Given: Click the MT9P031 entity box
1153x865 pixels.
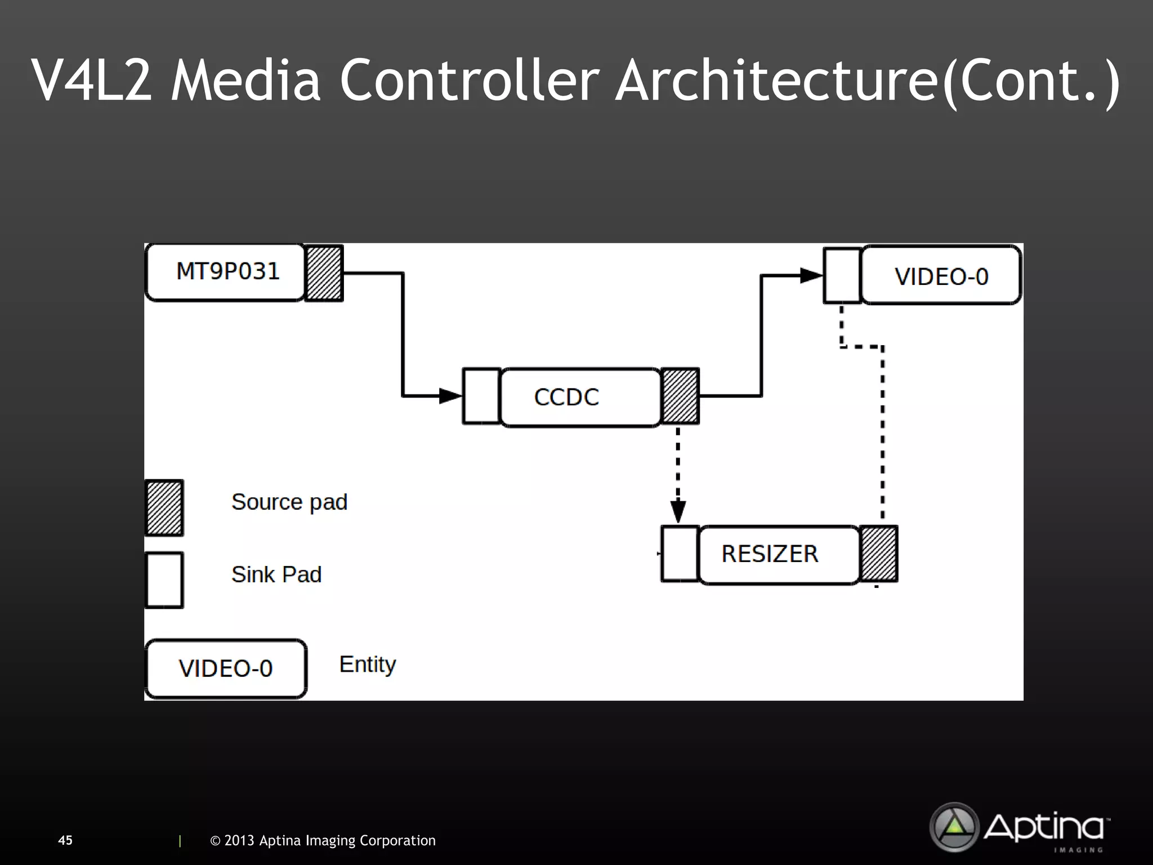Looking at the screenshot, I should pyautogui.click(x=225, y=272).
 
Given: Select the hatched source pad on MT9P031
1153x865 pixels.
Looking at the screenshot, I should pyautogui.click(x=324, y=273).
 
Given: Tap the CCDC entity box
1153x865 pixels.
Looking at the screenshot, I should pyautogui.click(x=580, y=397).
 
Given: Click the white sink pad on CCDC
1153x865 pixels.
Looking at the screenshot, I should pyautogui.click(x=481, y=396).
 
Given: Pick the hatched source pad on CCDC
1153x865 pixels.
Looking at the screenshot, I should pyautogui.click(x=680, y=396).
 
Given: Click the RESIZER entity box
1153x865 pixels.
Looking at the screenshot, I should pyautogui.click(x=779, y=555).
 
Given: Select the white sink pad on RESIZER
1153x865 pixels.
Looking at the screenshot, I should pyautogui.click(x=680, y=554).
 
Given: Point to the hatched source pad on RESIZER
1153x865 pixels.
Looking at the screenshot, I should pyautogui.click(x=879, y=554).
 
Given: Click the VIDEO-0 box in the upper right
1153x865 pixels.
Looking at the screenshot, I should pyautogui.click(x=941, y=275).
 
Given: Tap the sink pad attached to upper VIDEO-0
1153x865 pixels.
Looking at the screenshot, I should pyautogui.click(x=842, y=275).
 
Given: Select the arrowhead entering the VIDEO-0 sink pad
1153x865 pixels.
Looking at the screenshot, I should pyautogui.click(x=811, y=275).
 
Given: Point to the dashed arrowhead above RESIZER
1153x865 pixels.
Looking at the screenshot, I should pyautogui.click(x=678, y=511).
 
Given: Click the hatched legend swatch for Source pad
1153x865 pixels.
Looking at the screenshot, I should pyautogui.click(x=164, y=507).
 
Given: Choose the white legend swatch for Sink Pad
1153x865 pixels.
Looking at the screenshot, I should pyautogui.click(x=164, y=580).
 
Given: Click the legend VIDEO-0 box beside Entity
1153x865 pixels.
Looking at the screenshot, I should pyautogui.click(x=226, y=668).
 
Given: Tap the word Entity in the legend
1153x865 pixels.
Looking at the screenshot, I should pyautogui.click(x=368, y=665).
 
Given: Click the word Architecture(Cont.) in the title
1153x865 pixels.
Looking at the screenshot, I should pyautogui.click(x=867, y=80).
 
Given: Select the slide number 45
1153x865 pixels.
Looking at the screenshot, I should pyautogui.click(x=65, y=840).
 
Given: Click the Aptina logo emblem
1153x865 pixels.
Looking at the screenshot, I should pyautogui.click(x=954, y=827).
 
